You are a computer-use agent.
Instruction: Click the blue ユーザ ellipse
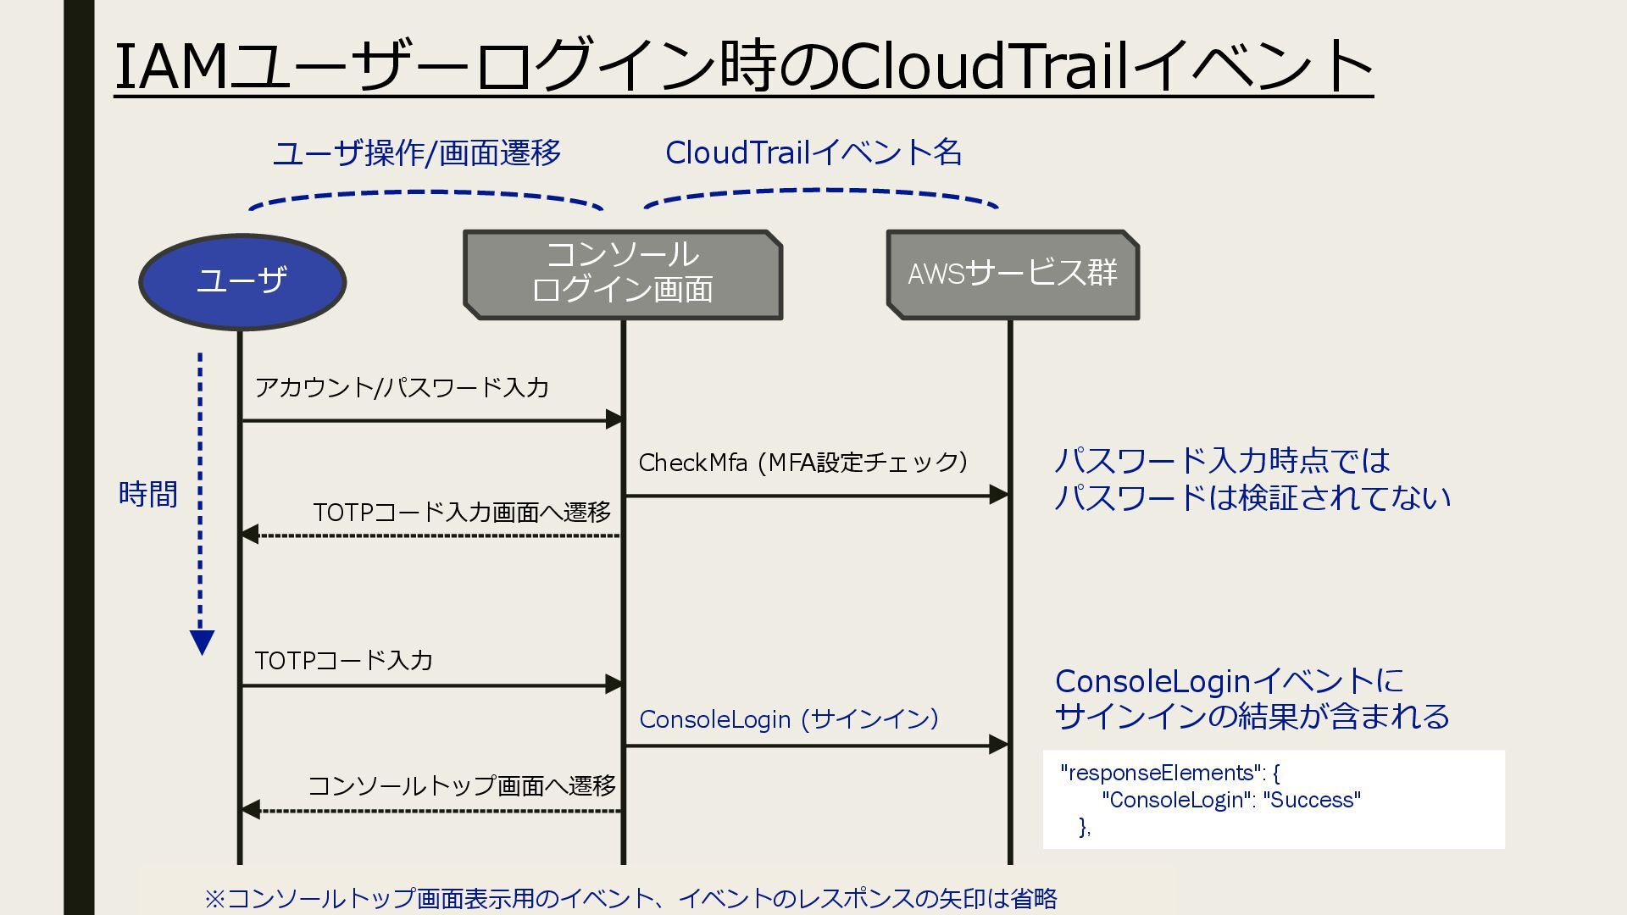point(242,281)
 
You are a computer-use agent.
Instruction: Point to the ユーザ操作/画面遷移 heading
point(417,153)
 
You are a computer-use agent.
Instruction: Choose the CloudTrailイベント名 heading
point(813,153)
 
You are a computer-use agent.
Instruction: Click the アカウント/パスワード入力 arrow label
point(402,388)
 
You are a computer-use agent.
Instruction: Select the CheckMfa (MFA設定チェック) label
point(802,463)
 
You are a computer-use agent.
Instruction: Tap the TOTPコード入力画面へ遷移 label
point(462,513)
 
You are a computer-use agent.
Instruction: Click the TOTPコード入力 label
point(343,661)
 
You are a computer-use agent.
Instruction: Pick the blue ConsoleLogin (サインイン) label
point(789,719)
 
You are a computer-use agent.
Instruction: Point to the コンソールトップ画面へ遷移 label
point(462,786)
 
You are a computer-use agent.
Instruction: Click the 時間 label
point(148,494)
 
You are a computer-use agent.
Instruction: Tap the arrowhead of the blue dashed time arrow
point(202,642)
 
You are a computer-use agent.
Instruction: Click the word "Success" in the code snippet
point(1312,800)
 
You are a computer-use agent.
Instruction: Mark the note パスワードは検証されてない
point(1252,497)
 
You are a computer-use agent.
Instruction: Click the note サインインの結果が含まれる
point(1252,717)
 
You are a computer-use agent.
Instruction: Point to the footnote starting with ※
point(630,898)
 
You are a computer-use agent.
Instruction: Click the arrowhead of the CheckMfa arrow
point(1000,496)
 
